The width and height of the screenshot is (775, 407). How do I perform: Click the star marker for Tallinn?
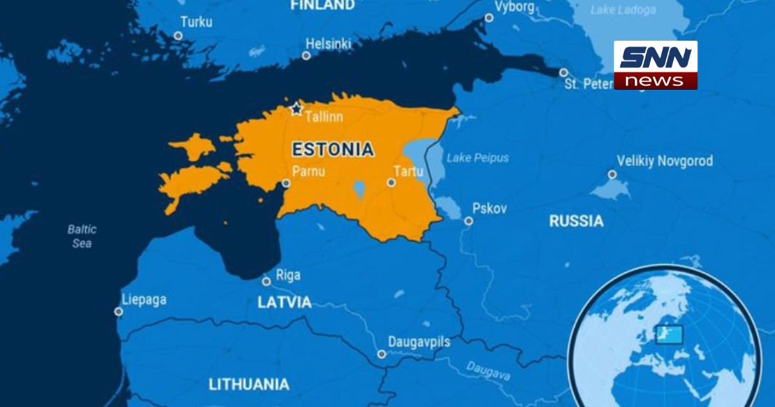click(x=296, y=109)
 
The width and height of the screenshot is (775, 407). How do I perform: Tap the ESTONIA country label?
click(x=333, y=150)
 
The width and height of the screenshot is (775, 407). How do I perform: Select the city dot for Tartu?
click(x=391, y=183)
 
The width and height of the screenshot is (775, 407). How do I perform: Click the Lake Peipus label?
click(x=477, y=158)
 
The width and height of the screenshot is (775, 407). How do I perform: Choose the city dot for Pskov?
click(x=468, y=221)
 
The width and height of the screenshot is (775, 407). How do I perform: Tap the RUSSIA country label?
click(x=576, y=222)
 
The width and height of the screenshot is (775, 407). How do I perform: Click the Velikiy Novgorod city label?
click(x=665, y=161)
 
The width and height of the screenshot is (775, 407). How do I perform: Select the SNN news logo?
click(x=656, y=65)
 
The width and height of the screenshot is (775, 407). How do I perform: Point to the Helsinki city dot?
click(x=306, y=56)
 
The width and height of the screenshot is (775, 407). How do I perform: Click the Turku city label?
click(x=196, y=21)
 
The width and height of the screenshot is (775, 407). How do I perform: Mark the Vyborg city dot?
click(x=489, y=18)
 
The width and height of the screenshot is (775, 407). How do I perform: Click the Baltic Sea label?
click(x=82, y=236)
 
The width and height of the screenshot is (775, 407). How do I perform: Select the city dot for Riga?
click(x=266, y=282)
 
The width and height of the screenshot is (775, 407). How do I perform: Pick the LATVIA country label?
click(x=284, y=302)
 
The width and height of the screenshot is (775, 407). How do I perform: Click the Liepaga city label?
click(x=144, y=300)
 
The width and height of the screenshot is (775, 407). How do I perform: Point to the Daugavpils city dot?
click(x=382, y=354)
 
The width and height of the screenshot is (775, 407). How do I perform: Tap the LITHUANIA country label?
click(x=249, y=384)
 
